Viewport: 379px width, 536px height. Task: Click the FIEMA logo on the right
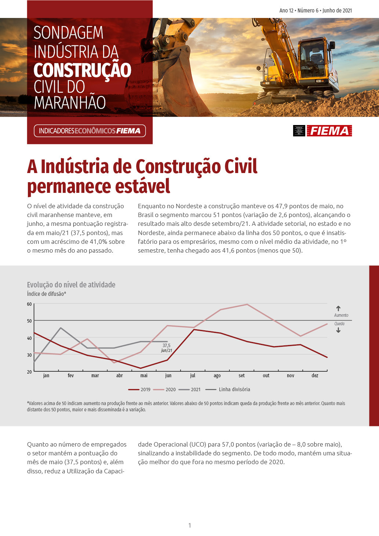click(329, 131)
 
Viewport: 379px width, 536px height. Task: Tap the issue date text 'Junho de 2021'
click(337, 11)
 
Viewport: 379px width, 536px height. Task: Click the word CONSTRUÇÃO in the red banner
click(82, 70)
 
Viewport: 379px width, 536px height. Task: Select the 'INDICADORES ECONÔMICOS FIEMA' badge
click(90, 131)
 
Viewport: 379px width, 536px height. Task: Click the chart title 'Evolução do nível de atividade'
click(71, 285)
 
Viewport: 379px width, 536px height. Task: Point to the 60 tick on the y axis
click(29, 304)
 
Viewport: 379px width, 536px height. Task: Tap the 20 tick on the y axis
click(29, 372)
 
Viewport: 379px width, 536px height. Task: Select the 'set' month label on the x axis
click(241, 376)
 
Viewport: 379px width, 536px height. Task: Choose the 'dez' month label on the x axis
click(315, 376)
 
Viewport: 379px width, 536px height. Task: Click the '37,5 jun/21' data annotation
click(167, 348)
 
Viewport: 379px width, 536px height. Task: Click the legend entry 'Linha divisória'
click(228, 389)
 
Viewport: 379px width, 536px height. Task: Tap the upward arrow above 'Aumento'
click(338, 309)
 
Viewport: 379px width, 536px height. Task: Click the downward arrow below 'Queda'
click(338, 330)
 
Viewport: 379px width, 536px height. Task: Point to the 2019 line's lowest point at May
click(141, 368)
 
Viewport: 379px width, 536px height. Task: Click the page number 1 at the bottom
click(190, 525)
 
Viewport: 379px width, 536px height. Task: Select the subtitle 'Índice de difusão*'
click(47, 294)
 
